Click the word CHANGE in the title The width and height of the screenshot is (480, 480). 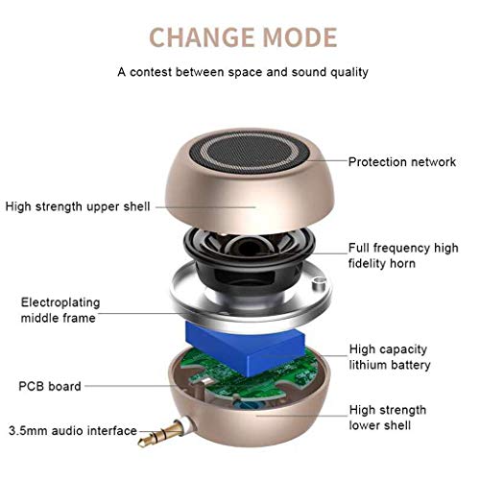point(198,37)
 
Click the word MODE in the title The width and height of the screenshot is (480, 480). point(297,37)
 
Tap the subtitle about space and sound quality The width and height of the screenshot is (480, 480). point(243,72)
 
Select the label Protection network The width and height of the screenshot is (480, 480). point(402,162)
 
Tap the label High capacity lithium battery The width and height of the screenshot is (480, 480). point(389,357)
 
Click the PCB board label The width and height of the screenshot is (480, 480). point(49,386)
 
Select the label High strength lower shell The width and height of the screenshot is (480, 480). point(387,417)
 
